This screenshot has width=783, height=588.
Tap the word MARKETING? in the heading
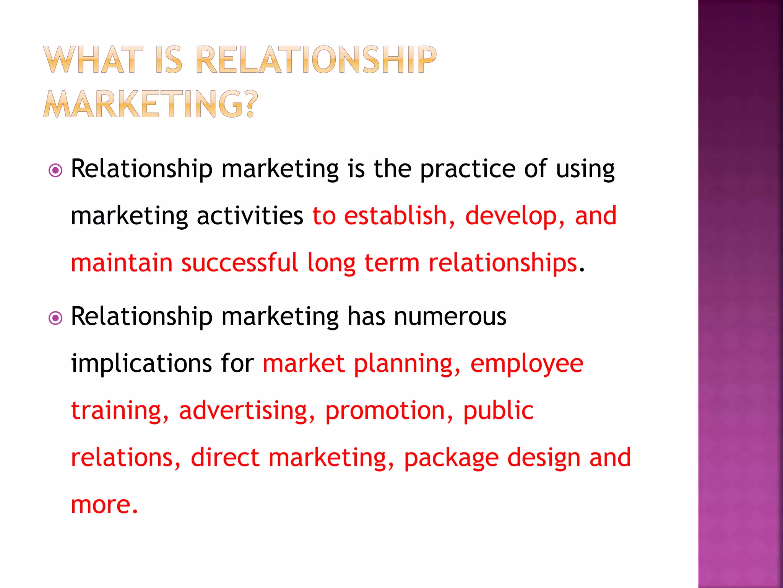151,104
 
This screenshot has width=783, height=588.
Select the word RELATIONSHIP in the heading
316,60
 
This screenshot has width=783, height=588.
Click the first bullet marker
56,170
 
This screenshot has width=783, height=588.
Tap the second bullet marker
56,318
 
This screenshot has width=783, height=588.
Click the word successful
239,263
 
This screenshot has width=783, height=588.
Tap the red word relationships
502,264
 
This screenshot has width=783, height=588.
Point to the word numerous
450,317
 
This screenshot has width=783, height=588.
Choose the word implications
141,364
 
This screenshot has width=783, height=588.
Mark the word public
498,410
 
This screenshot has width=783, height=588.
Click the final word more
101,505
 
